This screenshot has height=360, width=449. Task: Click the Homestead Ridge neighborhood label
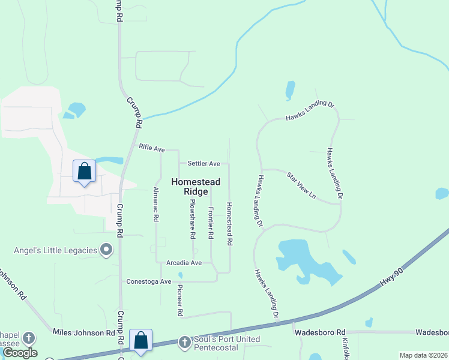click(196, 187)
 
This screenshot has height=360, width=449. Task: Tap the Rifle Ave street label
click(152, 148)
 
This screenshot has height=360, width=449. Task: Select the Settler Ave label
click(203, 163)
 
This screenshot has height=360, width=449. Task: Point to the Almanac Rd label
click(155, 205)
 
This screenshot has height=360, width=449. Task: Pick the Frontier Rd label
click(211, 223)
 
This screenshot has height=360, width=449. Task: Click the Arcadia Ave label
click(184, 263)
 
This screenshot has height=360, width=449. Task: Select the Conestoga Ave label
click(149, 281)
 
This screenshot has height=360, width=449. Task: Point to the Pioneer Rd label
click(179, 300)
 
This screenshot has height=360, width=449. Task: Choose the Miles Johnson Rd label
click(83, 332)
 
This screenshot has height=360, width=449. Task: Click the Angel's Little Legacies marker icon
click(107, 249)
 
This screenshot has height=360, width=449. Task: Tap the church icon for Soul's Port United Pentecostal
click(184, 342)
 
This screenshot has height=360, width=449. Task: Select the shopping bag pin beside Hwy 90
click(140, 340)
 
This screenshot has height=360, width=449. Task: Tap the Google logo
click(20, 353)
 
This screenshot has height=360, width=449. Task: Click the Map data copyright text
click(423, 355)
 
